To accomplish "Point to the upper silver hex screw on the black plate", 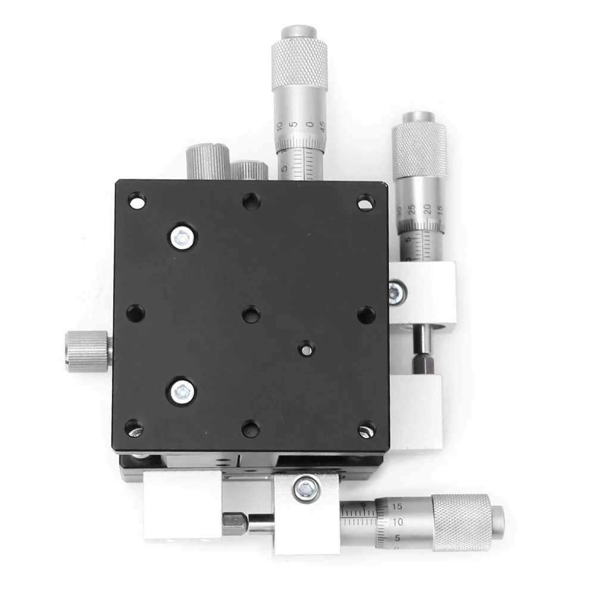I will click(x=183, y=238).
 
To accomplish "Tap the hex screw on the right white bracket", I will click(x=395, y=292).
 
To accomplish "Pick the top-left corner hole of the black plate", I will click(x=136, y=200).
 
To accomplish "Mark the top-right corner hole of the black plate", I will click(x=366, y=202).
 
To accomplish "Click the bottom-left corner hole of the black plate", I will click(x=133, y=428).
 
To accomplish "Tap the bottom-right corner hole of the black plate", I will click(x=366, y=429).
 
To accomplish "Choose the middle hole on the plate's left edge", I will click(x=135, y=312).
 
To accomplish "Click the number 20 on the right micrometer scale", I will click(x=427, y=208).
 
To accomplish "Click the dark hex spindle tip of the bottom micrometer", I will click(x=234, y=522).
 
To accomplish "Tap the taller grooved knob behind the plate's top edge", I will click(x=208, y=161).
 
